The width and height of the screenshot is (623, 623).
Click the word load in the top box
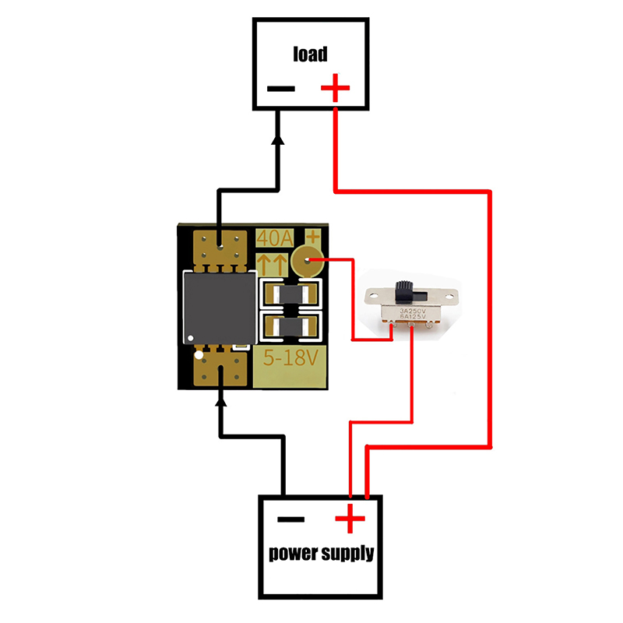click(310, 54)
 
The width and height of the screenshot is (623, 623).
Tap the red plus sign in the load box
click(335, 87)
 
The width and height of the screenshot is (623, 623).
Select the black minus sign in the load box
click(281, 88)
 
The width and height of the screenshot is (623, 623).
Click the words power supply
click(321, 554)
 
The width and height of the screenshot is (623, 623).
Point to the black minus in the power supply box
click(291, 519)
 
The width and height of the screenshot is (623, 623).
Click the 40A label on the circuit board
click(273, 237)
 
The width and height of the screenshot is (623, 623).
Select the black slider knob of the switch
click(404, 290)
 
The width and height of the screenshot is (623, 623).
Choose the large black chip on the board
click(219, 308)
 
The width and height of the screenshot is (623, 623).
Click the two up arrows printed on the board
click(273, 261)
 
